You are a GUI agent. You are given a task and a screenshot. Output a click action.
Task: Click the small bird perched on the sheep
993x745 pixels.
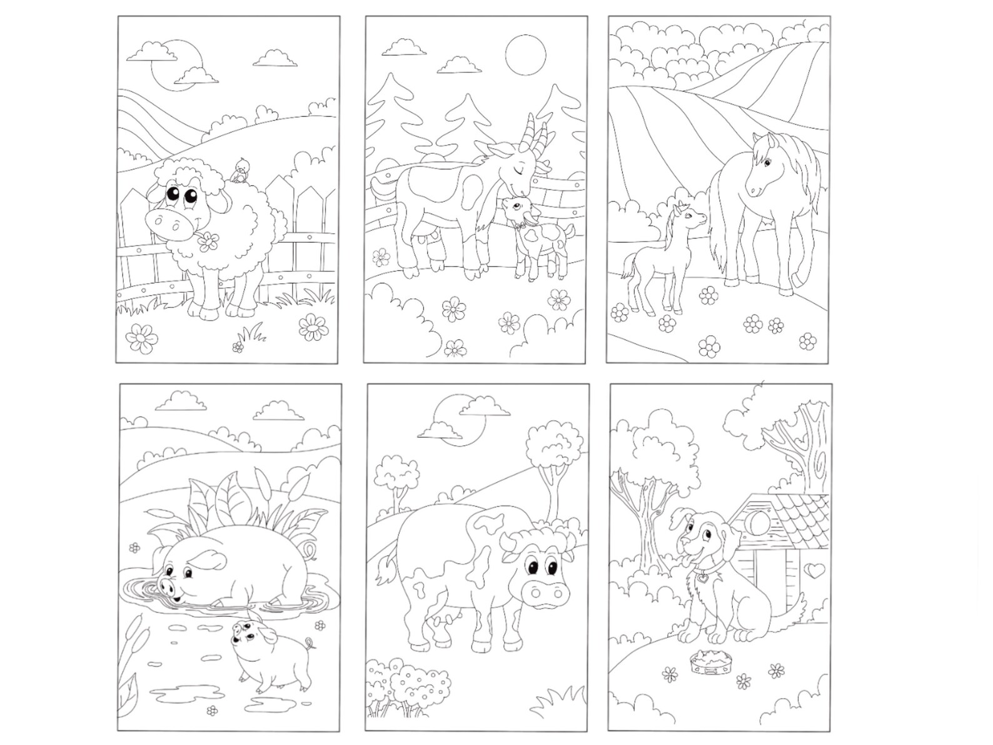pos(240,170)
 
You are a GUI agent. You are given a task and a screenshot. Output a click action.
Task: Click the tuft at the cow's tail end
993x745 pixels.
pos(383,572)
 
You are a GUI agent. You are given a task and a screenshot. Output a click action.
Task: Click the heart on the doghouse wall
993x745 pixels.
pos(812,570)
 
